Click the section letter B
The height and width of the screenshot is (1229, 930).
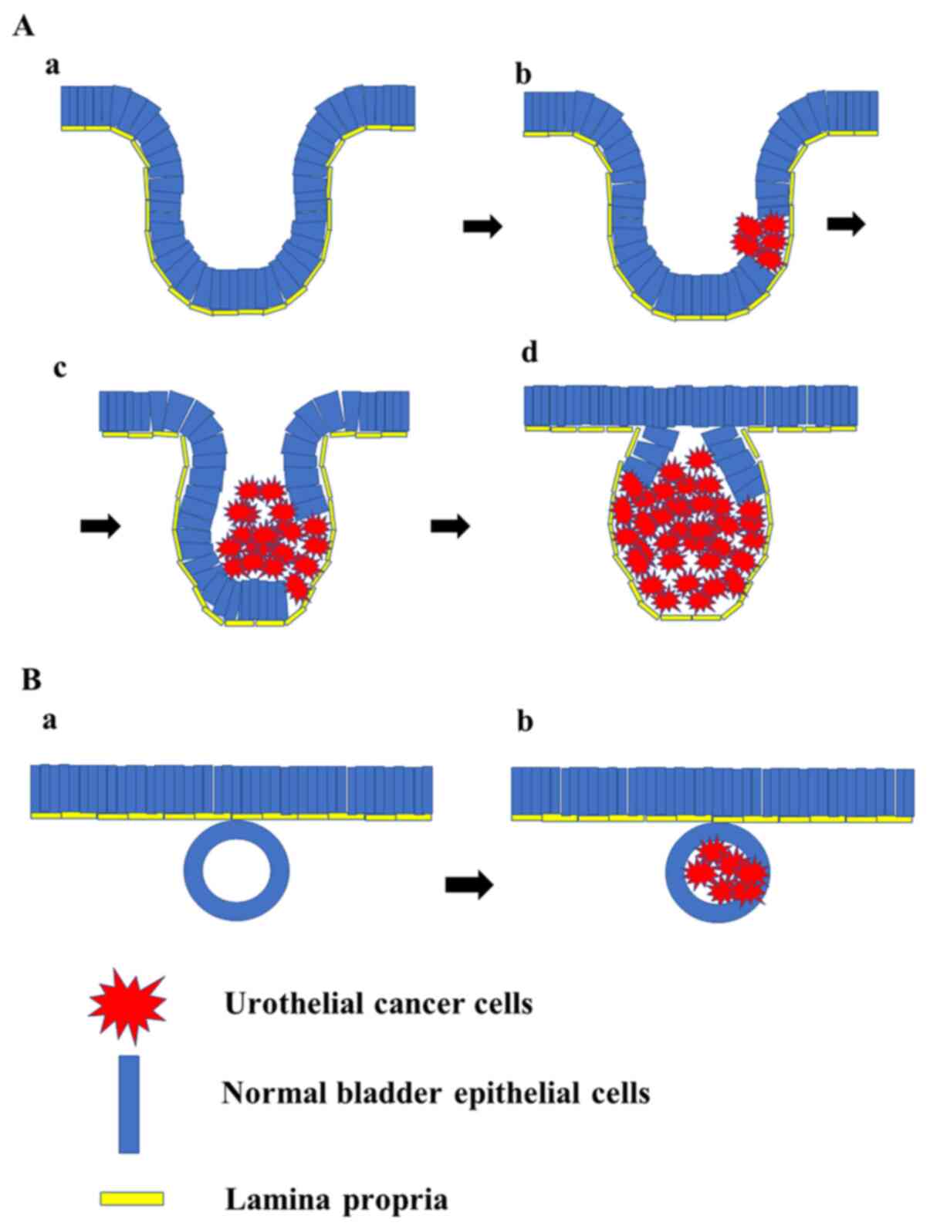pyautogui.click(x=31, y=680)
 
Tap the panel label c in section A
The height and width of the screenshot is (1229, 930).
pyautogui.click(x=59, y=368)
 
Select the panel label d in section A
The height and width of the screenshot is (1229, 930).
pyautogui.click(x=530, y=353)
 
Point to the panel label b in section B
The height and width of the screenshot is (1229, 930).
pyautogui.click(x=525, y=723)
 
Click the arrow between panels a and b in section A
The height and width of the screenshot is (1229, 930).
pyautogui.click(x=482, y=226)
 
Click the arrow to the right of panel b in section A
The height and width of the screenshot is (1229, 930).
pyautogui.click(x=846, y=224)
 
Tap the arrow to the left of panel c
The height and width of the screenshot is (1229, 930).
pyautogui.click(x=100, y=526)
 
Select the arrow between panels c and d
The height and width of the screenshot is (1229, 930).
pyautogui.click(x=449, y=526)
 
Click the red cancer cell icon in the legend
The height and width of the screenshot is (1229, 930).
pyautogui.click(x=127, y=1004)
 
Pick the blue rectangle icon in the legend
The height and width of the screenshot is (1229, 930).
pyautogui.click(x=129, y=1104)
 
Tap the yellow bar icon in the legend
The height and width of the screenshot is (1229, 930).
pyautogui.click(x=131, y=1198)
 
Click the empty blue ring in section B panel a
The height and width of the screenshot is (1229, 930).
pyautogui.click(x=236, y=871)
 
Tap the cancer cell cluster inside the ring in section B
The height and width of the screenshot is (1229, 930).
pyautogui.click(x=725, y=873)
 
